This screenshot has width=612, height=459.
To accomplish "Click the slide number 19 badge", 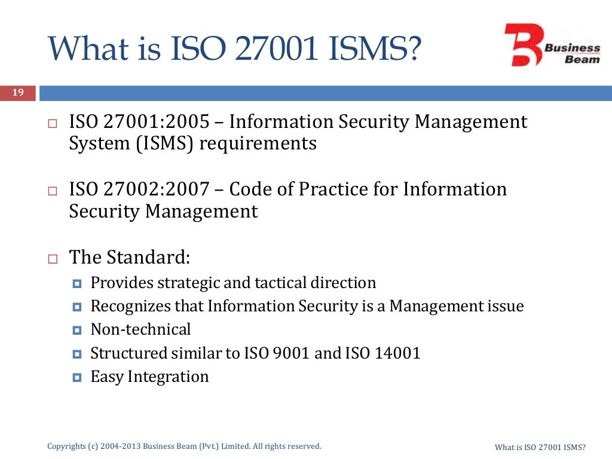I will tap(17, 93).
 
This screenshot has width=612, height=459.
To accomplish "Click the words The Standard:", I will tap(130, 258).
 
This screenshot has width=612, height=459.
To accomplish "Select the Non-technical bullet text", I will tap(140, 329).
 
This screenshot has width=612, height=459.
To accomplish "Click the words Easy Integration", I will tap(149, 377).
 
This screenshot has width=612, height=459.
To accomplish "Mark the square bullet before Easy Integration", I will tap(76, 377).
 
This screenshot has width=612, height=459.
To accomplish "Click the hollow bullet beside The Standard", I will tap(52, 259).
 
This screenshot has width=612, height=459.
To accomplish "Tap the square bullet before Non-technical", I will tap(76, 330).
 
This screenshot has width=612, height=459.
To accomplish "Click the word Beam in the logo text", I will tap(585, 59).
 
